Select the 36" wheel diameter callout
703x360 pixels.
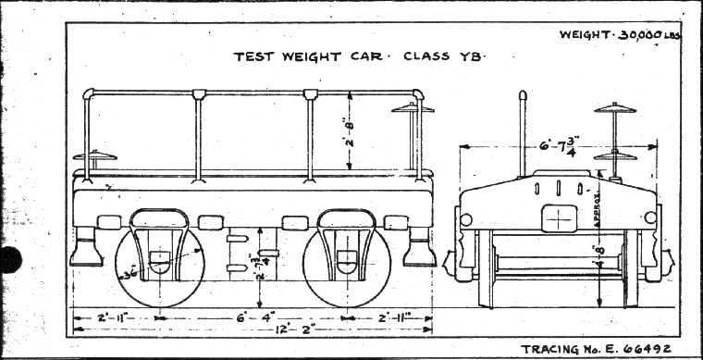point(128,274)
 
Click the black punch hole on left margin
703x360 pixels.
point(9,260)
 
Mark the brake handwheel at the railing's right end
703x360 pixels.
point(412,109)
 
